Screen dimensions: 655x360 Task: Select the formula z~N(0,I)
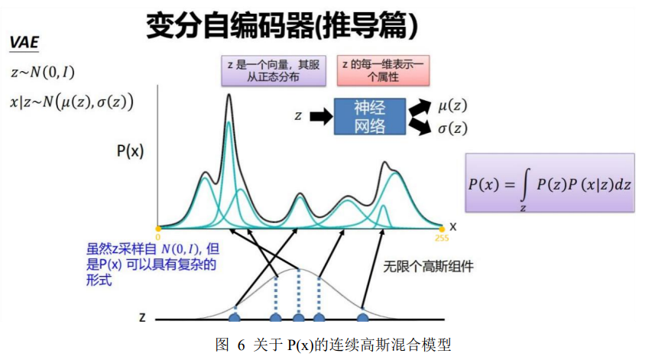[43, 73]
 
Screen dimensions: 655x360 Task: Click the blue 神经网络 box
[369, 117]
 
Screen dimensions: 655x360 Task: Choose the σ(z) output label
[453, 128]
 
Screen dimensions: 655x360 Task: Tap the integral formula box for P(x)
[550, 184]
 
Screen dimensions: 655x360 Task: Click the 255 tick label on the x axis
[442, 237]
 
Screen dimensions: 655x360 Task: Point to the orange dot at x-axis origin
[158, 228]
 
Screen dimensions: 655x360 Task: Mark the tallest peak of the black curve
[229, 96]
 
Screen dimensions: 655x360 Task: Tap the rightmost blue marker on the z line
[363, 316]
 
